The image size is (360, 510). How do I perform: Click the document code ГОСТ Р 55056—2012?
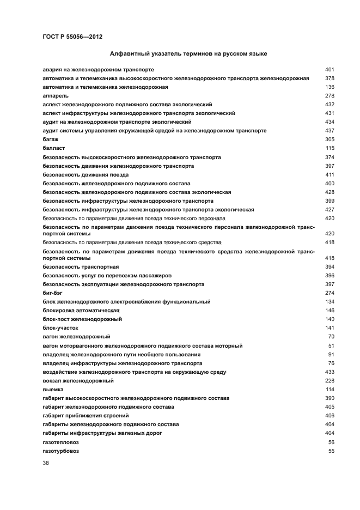point(72,37)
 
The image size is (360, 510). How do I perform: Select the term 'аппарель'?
point(53,95)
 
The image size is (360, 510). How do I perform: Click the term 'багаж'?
point(50,139)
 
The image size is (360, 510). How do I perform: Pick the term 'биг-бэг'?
point(52,293)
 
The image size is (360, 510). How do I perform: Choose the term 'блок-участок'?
point(60,328)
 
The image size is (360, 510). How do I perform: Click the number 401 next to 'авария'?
point(329,69)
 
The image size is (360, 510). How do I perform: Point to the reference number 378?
point(329,78)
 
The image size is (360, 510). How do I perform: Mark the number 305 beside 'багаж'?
point(329,139)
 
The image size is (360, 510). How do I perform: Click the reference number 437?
point(329,131)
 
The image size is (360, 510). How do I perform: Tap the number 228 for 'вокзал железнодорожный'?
point(329,381)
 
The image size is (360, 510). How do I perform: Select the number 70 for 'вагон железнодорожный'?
point(331,337)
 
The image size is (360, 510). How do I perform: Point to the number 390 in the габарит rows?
point(329,398)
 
